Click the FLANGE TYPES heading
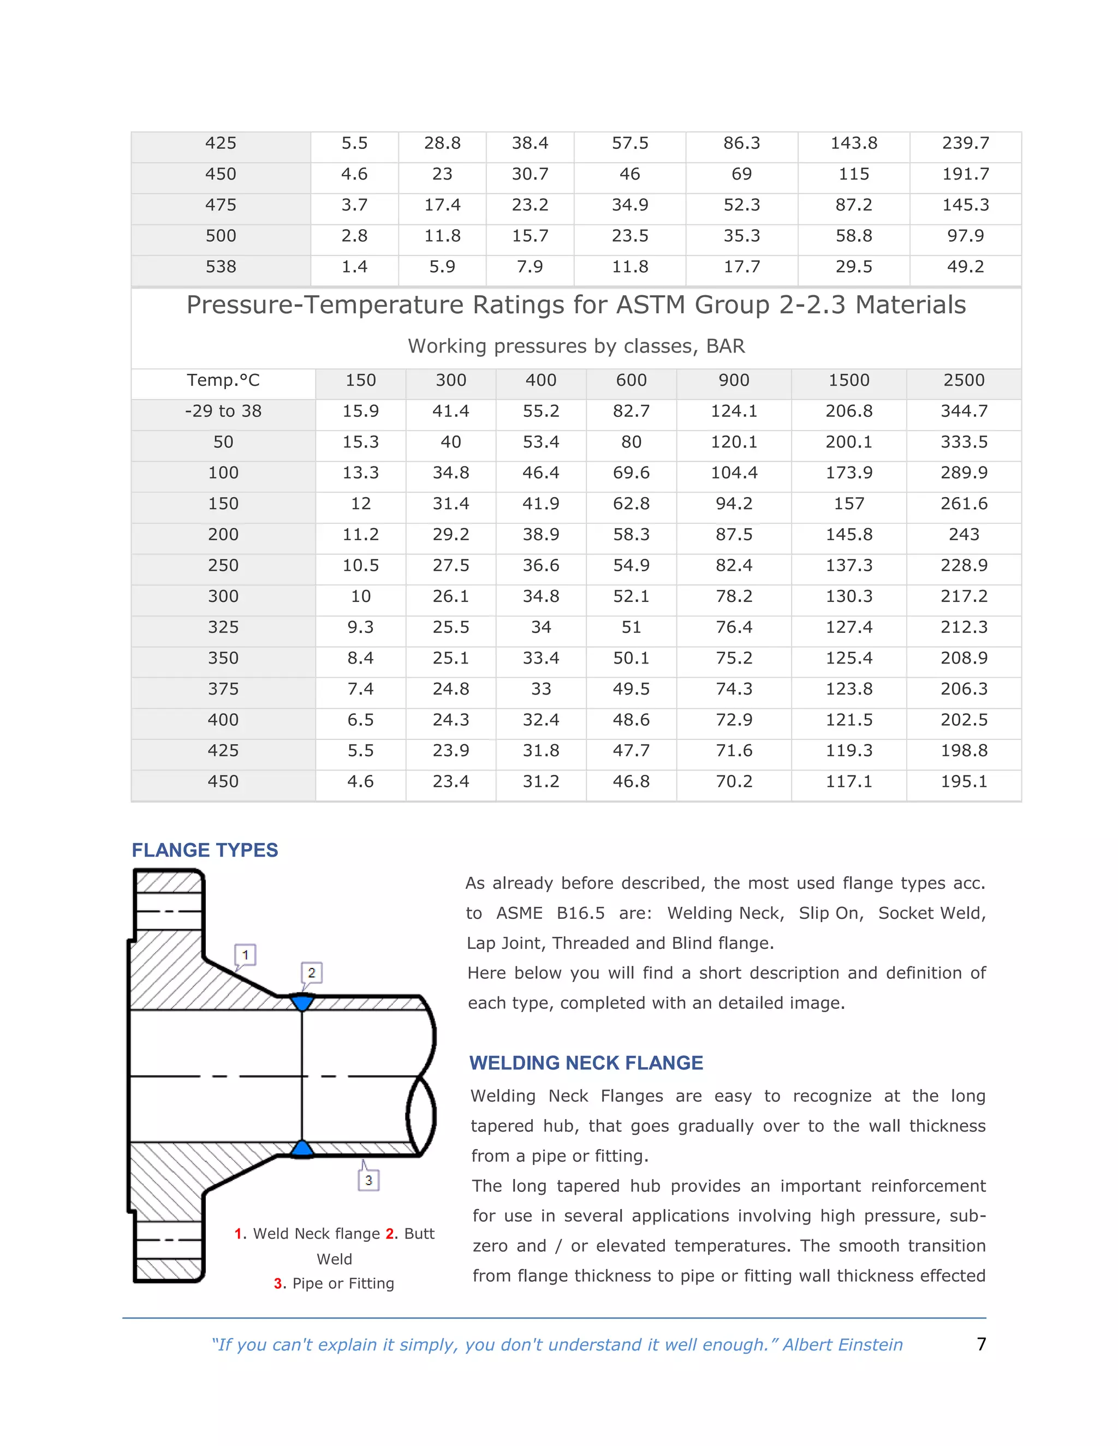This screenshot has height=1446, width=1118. pyautogui.click(x=205, y=850)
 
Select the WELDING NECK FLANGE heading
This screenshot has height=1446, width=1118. pyautogui.click(x=586, y=1062)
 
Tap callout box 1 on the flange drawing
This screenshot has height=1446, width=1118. pyautogui.click(x=245, y=955)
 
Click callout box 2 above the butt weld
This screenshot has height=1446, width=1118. pyautogui.click(x=311, y=972)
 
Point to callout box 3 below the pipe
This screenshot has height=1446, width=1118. pyautogui.click(x=369, y=1180)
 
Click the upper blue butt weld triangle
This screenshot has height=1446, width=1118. pyautogui.click(x=302, y=1002)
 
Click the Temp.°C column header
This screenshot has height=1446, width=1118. pyautogui.click(x=223, y=380)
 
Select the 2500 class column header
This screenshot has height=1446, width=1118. pyautogui.click(x=964, y=380)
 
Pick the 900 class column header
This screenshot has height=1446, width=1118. pyautogui.click(x=734, y=380)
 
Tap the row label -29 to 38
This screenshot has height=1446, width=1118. pyautogui.click(x=223, y=411)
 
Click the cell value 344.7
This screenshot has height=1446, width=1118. pyautogui.click(x=964, y=411)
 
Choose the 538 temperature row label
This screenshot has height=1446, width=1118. pyautogui.click(x=221, y=267)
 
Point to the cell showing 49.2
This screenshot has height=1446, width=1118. pyautogui.click(x=965, y=267)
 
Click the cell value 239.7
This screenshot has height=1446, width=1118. pyautogui.click(x=965, y=143)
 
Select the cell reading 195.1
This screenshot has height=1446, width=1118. pyautogui.click(x=964, y=781)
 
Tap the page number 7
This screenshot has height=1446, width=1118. pyautogui.click(x=981, y=1343)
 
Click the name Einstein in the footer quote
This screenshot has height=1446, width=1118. pyautogui.click(x=870, y=1345)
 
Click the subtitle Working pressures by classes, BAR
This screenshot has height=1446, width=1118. pyautogui.click(x=576, y=346)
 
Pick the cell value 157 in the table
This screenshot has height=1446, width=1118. pyautogui.click(x=848, y=504)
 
